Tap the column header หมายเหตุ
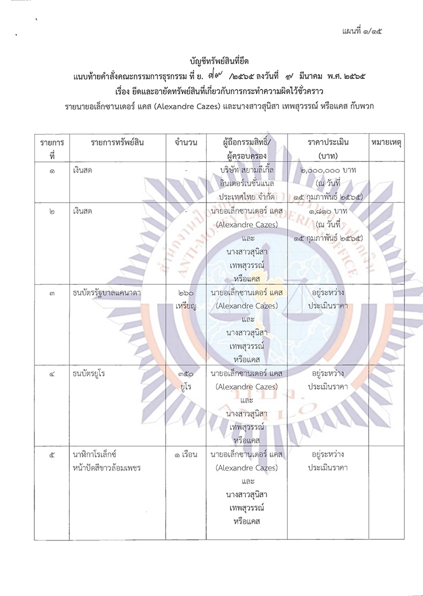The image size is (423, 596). pyautogui.click(x=385, y=143)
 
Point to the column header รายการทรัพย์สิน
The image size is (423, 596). pyautogui.click(x=117, y=143)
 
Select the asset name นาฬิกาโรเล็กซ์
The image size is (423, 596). pyautogui.click(x=95, y=455)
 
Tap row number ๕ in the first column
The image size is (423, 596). pyautogui.click(x=51, y=455)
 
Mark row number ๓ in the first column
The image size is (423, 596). pyautogui.click(x=51, y=293)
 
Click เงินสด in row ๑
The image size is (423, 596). pyautogui.click(x=84, y=170)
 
